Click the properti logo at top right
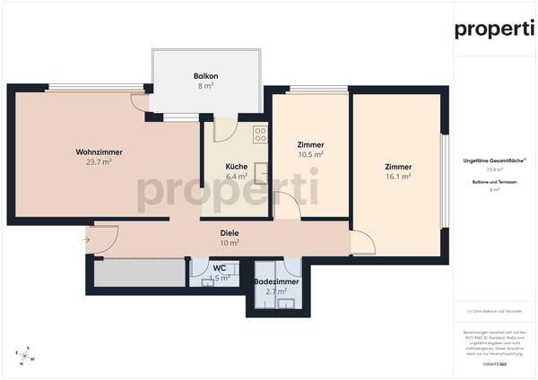click(494, 29)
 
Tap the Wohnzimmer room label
click(99, 151)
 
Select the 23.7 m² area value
click(99, 162)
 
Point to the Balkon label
click(206, 76)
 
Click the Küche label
click(236, 167)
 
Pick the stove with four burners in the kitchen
click(261, 134)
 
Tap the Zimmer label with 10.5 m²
click(310, 144)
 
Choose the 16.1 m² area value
click(398, 177)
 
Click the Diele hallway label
click(230, 233)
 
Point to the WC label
click(220, 268)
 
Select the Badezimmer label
click(277, 281)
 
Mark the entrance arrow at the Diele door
click(88, 239)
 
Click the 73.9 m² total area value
click(494, 168)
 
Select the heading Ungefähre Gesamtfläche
click(494, 159)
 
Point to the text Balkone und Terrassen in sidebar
click(494, 182)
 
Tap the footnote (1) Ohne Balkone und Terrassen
click(494, 310)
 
